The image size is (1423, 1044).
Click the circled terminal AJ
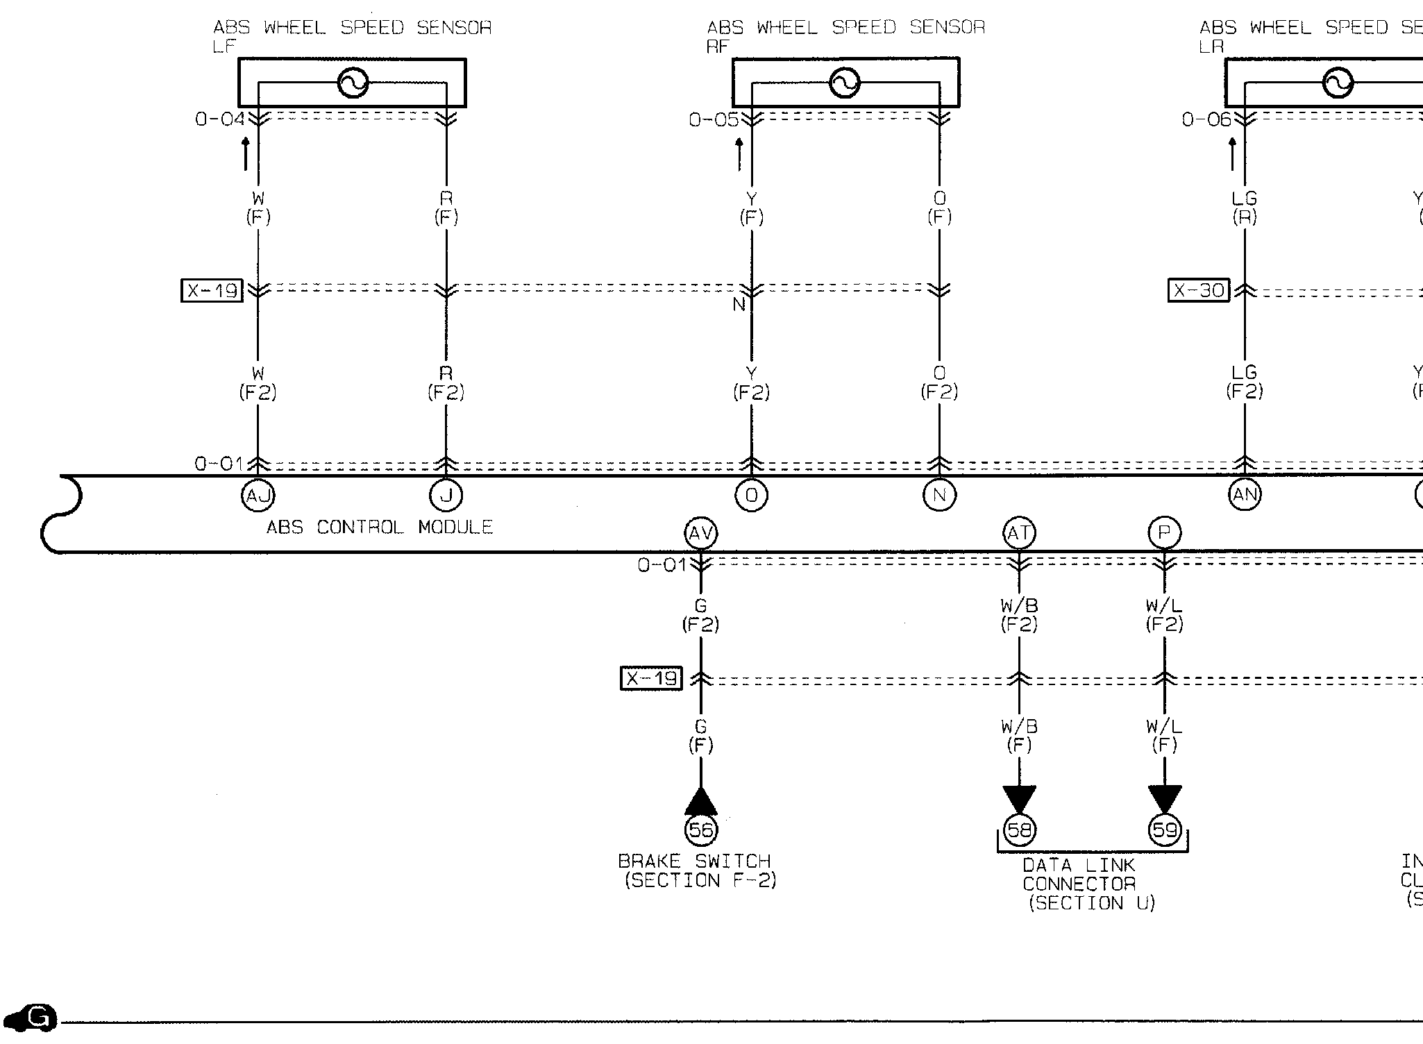pos(258,496)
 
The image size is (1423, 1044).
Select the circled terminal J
pos(446,496)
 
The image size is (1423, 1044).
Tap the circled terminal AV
pos(700,533)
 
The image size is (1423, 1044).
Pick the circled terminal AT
pos(1019,533)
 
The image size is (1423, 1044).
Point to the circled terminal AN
pos(1245,495)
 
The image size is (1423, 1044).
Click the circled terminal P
pos(1164,533)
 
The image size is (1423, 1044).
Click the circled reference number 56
pos(700,830)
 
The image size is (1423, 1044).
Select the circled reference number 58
pos(1019,830)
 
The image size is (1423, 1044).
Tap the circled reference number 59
pos(1164,830)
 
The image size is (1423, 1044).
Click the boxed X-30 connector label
pos(1198,290)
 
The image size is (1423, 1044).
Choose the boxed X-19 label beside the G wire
pos(651,678)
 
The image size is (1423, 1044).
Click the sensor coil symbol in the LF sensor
pos(353,83)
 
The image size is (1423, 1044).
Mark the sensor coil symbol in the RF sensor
pos(845,83)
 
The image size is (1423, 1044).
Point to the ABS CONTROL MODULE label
pos(380,528)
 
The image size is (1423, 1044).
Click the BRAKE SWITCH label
pos(695,861)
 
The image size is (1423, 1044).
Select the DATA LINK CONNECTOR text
pos(1079,875)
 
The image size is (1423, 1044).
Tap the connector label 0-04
pos(219,119)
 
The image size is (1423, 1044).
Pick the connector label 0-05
pos(714,120)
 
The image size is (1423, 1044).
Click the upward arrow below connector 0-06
pos(1232,154)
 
